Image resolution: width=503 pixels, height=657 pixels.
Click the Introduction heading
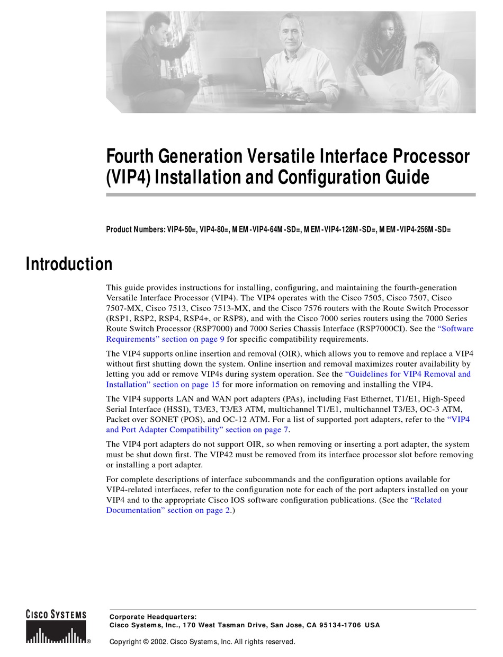69,264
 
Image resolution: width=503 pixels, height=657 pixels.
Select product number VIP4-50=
182,229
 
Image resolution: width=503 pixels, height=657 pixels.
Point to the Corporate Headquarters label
152,616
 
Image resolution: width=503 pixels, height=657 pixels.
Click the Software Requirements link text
455,328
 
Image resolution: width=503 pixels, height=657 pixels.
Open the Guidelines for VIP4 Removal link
408,374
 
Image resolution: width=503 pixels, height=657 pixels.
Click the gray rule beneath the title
291,194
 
